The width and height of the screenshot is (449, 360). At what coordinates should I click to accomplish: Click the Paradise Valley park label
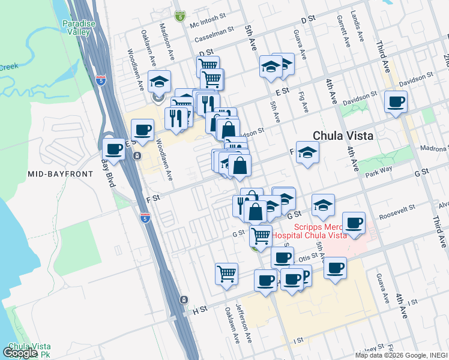[79, 28]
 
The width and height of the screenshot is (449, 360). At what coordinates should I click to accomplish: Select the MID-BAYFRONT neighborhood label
[61, 174]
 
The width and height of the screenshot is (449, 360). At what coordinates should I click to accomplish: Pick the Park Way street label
[378, 175]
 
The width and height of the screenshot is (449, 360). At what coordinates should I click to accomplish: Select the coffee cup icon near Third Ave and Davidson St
[396, 101]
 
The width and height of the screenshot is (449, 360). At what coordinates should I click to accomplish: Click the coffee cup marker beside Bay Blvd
[114, 148]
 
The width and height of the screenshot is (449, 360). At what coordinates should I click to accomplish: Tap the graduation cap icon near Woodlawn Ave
[160, 80]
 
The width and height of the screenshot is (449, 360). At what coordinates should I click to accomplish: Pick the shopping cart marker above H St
[227, 273]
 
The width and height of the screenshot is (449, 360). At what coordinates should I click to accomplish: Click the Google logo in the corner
[20, 353]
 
